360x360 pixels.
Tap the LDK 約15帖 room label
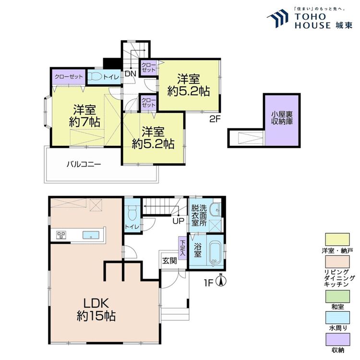(x=96, y=310)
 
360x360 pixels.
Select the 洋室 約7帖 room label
(x=84, y=116)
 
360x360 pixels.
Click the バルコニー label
(x=84, y=164)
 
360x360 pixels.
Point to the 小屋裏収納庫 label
(x=282, y=118)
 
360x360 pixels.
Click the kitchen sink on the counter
(x=91, y=235)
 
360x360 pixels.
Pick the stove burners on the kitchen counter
(x=61, y=235)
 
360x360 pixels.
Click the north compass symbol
(x=221, y=280)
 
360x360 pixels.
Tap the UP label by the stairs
(x=179, y=221)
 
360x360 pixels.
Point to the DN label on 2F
(x=131, y=74)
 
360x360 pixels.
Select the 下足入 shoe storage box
(x=182, y=248)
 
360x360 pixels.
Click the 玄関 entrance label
(x=169, y=261)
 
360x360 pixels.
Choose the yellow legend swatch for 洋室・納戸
(x=337, y=240)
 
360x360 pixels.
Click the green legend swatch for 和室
(x=337, y=297)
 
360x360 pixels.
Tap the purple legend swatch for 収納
(x=337, y=339)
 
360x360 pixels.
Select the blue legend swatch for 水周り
(x=337, y=318)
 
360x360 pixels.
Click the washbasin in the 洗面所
(x=216, y=209)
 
